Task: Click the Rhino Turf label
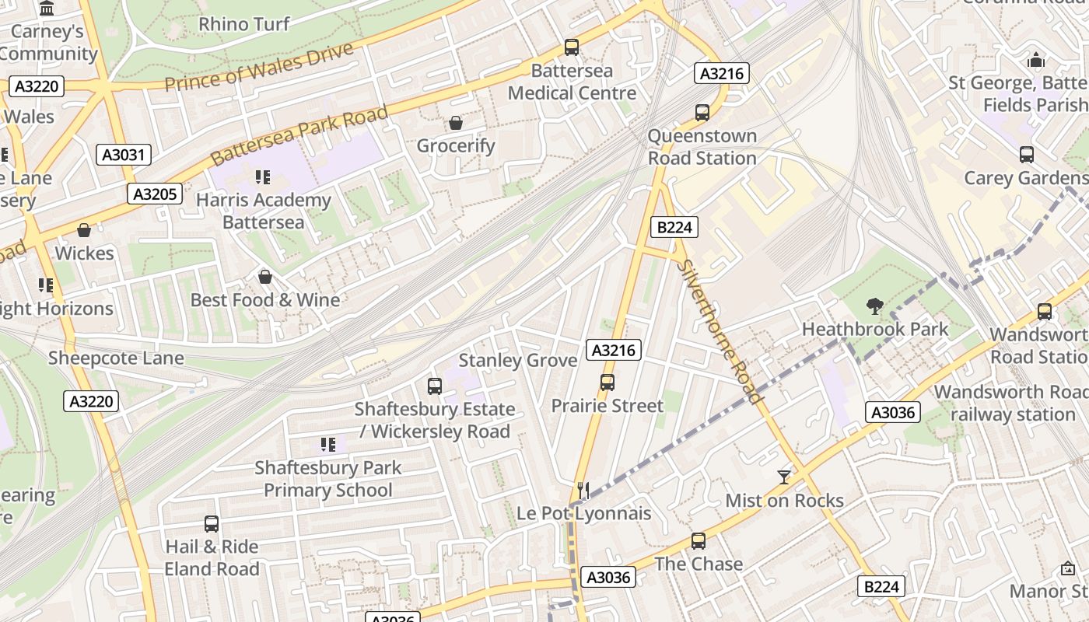tap(244, 24)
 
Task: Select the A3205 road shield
tap(156, 194)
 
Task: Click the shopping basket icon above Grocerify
tap(456, 123)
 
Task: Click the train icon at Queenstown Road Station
tap(702, 113)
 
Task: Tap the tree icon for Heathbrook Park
tap(875, 306)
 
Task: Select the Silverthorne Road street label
tap(719, 330)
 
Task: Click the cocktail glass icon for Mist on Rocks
tap(784, 477)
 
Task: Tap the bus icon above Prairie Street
tap(608, 383)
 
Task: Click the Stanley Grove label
tap(517, 360)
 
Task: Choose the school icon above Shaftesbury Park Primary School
tap(328, 445)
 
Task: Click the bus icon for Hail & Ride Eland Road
tap(212, 524)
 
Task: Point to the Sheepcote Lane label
tap(116, 358)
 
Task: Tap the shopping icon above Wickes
tap(84, 230)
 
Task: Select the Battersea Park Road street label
tap(299, 136)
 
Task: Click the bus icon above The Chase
tap(699, 541)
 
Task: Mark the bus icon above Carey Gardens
tap(1027, 155)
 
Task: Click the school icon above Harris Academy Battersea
tap(263, 177)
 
